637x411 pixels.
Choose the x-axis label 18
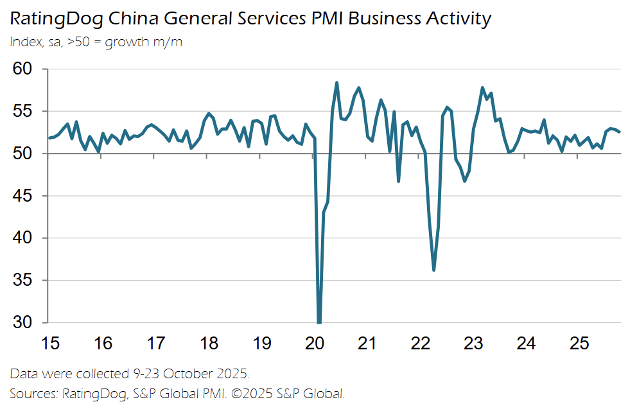coord(209,344)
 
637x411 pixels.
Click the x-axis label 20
coord(314,344)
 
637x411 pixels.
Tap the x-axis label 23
coord(473,344)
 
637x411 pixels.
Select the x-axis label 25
coord(579,344)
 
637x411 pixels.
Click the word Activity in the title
coord(458,19)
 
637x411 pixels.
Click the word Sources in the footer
coord(32,392)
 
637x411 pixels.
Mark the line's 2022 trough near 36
coord(434,270)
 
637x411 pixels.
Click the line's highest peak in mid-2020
coord(337,83)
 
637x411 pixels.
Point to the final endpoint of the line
coord(620,132)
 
